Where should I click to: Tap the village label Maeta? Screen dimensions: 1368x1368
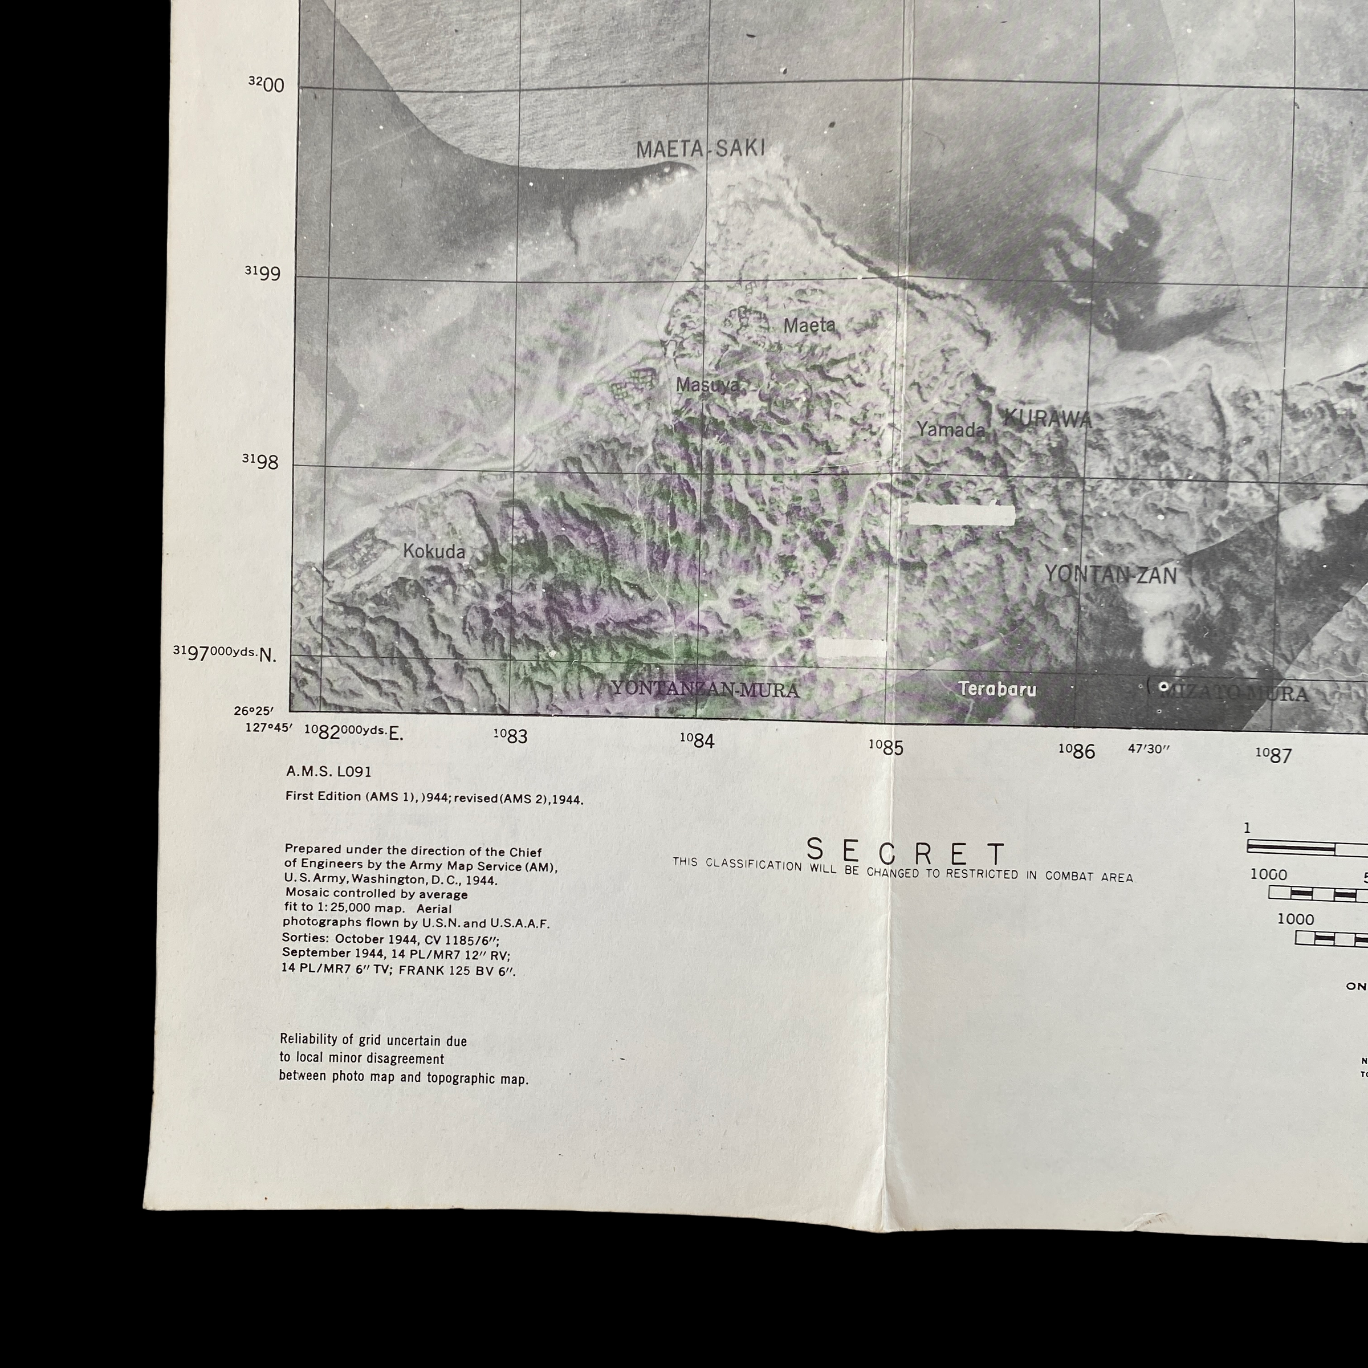point(809,325)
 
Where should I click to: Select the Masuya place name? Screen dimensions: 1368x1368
point(707,385)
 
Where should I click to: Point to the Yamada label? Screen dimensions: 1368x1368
point(950,429)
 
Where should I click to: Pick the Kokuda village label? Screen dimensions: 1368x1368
point(434,552)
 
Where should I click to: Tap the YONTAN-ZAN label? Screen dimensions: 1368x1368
point(1110,575)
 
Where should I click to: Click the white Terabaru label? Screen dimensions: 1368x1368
point(997,689)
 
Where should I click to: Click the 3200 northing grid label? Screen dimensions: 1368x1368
point(266,85)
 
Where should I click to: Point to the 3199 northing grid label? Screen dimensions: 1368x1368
point(263,274)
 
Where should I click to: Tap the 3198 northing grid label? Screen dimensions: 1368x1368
point(260,462)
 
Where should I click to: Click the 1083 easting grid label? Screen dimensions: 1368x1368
point(511,736)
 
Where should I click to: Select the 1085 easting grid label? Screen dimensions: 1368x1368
point(886,747)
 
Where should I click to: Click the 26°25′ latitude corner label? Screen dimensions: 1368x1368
point(254,711)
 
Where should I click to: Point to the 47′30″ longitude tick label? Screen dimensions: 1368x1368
point(1148,749)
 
